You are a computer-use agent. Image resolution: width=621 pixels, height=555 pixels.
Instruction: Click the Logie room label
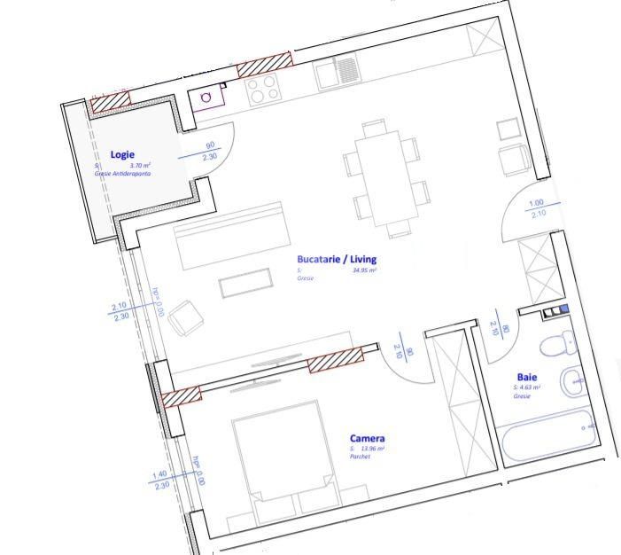(122, 154)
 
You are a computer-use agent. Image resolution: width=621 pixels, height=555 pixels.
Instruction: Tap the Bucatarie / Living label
(337, 259)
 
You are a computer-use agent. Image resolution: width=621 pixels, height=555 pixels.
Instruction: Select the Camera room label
(367, 438)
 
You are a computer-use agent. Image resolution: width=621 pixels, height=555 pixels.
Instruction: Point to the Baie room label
(527, 377)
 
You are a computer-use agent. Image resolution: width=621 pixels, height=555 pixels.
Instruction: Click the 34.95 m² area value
(364, 270)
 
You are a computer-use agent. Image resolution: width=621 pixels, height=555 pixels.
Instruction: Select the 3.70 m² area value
(140, 166)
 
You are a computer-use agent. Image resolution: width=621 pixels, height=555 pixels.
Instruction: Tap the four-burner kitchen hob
(261, 88)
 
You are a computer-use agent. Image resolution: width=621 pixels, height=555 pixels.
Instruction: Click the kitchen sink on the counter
(336, 73)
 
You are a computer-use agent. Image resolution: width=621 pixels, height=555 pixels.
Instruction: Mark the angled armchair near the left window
(185, 318)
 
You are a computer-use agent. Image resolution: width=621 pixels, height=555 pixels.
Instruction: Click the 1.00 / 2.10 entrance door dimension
(537, 208)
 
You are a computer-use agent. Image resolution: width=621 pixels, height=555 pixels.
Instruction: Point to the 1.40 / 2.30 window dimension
(160, 480)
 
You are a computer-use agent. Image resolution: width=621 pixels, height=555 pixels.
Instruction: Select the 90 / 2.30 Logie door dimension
(210, 152)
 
